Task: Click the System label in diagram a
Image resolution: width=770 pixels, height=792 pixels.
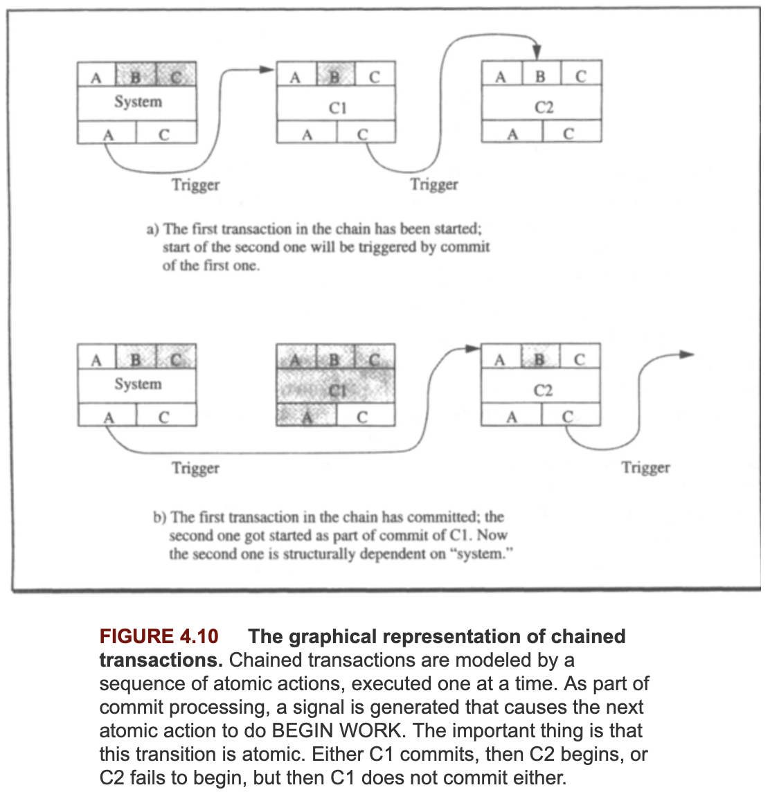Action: coord(138,102)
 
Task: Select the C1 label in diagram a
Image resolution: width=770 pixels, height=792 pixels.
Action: coord(337,107)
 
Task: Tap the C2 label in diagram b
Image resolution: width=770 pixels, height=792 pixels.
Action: coord(543,391)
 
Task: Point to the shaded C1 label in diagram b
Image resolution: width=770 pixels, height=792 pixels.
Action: coord(337,390)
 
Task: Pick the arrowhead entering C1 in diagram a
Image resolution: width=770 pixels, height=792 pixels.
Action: coord(267,69)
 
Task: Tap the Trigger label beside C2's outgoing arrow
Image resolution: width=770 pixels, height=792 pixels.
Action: coord(645,468)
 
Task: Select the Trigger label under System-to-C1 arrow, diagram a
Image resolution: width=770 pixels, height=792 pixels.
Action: coord(196,185)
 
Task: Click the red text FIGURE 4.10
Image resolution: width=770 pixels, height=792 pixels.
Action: coord(159,636)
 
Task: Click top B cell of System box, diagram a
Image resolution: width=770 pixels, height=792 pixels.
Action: coord(136,75)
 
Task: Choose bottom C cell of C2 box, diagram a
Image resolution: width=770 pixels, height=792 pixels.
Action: coord(569,134)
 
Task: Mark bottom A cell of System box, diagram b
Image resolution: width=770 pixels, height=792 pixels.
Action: coord(108,417)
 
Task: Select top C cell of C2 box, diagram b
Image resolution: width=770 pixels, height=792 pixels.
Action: coord(580,359)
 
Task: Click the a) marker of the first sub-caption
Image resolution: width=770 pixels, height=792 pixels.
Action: coord(152,229)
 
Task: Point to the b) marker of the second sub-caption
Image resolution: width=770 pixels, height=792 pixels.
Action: coord(160,517)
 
